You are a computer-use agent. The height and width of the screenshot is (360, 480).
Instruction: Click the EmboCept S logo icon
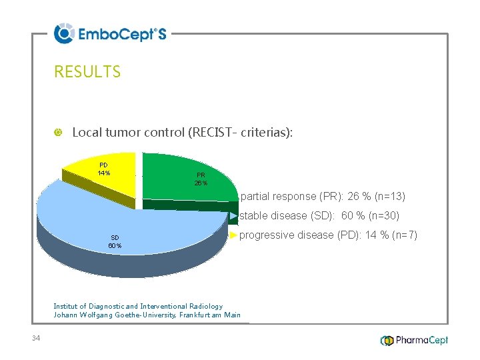[x=64, y=33]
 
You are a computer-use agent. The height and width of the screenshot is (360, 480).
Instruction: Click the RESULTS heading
[x=87, y=72]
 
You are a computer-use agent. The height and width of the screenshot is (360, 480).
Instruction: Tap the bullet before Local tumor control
[x=58, y=133]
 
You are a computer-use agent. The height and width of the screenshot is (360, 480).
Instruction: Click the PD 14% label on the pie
[x=104, y=169]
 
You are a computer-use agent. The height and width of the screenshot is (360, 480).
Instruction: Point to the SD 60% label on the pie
[x=115, y=241]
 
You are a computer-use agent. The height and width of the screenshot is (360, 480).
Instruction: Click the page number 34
[x=36, y=339]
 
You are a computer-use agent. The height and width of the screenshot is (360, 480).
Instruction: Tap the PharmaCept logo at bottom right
[x=414, y=340]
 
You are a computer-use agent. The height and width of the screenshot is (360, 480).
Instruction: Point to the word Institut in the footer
[x=67, y=306]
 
